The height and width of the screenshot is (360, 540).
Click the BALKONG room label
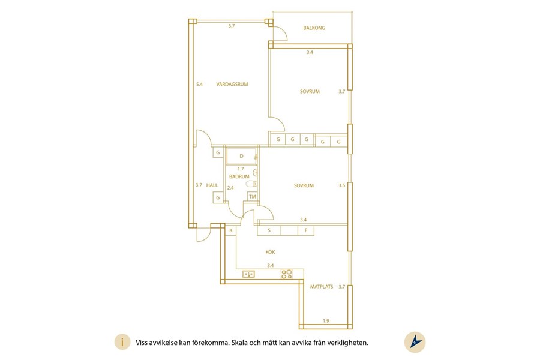pyautogui.click(x=314, y=28)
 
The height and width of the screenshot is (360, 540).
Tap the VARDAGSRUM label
pyautogui.click(x=232, y=84)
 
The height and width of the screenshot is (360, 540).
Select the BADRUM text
pyautogui.click(x=239, y=176)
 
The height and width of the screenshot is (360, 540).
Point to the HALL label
pyautogui.click(x=212, y=185)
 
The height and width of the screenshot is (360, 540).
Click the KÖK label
pyautogui.click(x=271, y=252)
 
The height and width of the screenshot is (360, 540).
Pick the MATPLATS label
pyautogui.click(x=322, y=287)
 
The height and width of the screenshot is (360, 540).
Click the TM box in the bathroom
pyautogui.click(x=253, y=197)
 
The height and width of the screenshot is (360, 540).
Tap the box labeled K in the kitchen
pyautogui.click(x=231, y=230)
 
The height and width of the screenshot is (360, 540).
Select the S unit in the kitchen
pyautogui.click(x=269, y=230)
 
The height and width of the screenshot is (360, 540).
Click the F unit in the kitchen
pyautogui.click(x=306, y=230)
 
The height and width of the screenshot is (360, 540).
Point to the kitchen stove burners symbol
pyautogui.click(x=287, y=274)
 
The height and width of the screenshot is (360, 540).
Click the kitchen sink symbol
pyautogui.click(x=248, y=274)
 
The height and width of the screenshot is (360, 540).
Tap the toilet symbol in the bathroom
pyautogui.click(x=252, y=184)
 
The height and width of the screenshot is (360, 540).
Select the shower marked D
pyautogui.click(x=241, y=157)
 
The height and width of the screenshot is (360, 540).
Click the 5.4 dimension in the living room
pyautogui.click(x=199, y=84)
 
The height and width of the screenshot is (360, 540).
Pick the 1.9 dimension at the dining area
pyautogui.click(x=326, y=321)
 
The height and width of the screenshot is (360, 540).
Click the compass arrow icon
pyautogui.click(x=415, y=342)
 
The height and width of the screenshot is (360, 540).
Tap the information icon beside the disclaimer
pyautogui.click(x=122, y=343)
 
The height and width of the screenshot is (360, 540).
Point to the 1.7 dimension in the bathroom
pyautogui.click(x=241, y=169)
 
